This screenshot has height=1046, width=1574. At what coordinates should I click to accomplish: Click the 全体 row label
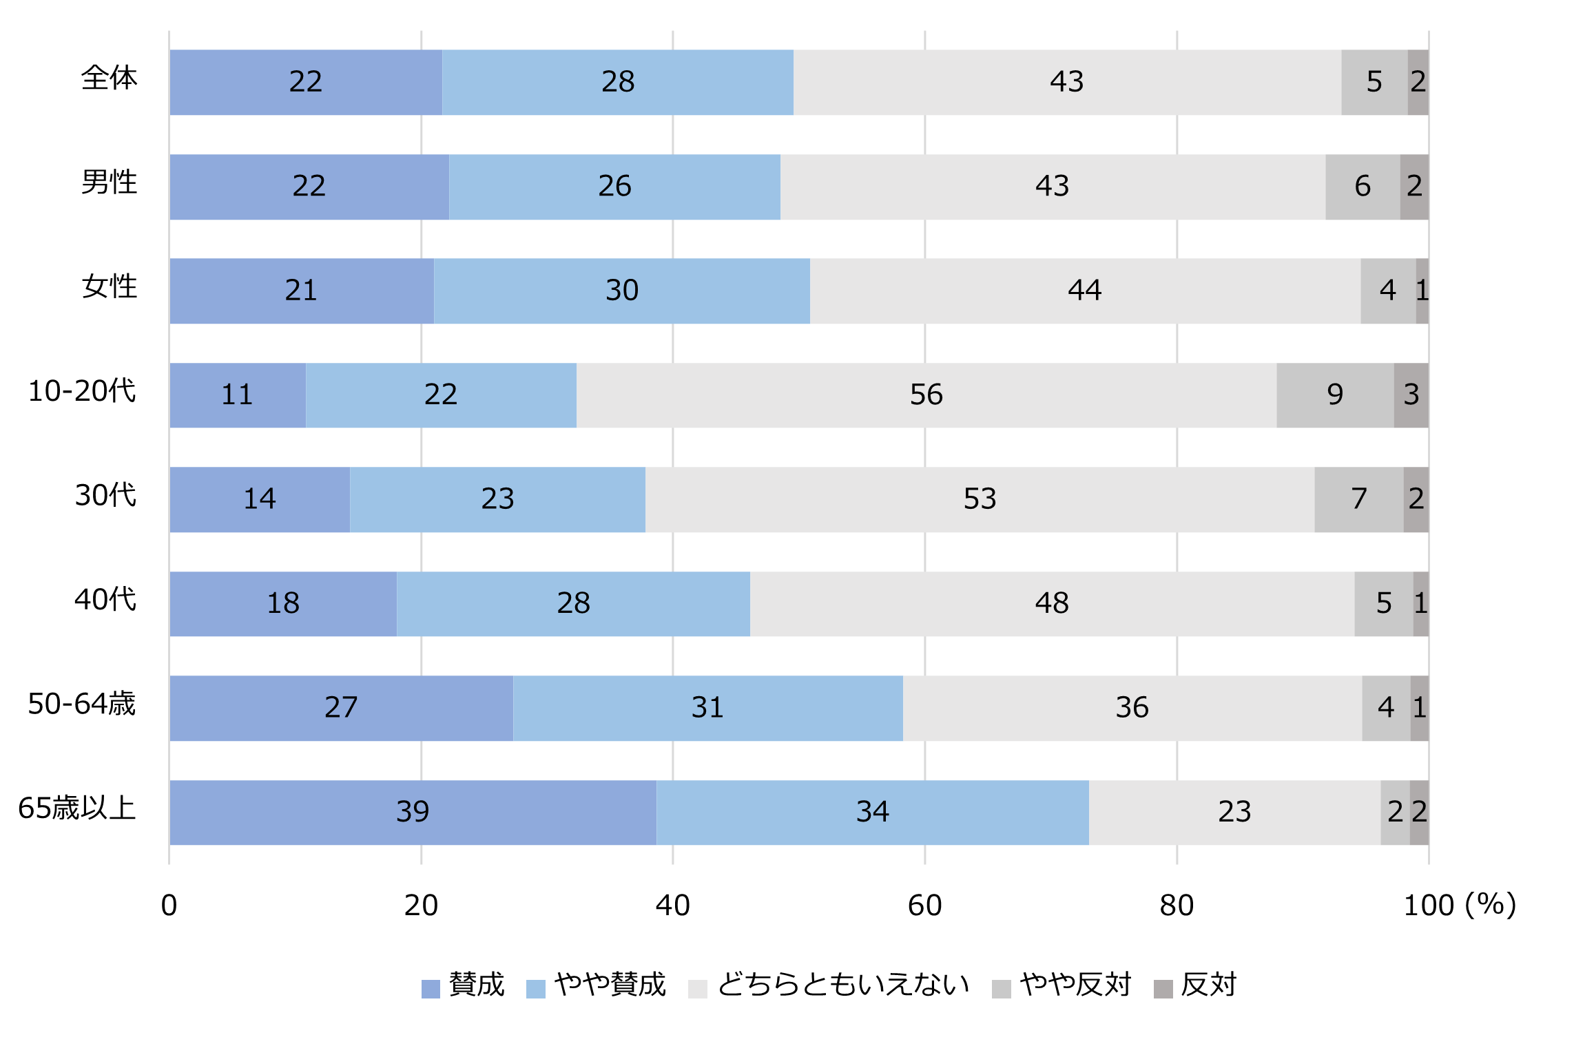tap(109, 78)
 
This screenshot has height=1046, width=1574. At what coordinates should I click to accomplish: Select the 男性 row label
tap(109, 182)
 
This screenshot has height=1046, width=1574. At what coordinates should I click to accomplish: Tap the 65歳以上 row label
tap(77, 808)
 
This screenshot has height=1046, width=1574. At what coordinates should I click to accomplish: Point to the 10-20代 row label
tap(82, 391)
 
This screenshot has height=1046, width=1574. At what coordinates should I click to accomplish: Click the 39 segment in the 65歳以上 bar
tap(413, 812)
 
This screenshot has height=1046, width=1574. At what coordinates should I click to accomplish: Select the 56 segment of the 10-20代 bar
tap(926, 395)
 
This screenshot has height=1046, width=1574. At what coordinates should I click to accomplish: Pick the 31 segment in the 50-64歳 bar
tap(707, 708)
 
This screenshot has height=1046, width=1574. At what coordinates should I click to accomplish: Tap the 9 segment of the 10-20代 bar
tap(1335, 395)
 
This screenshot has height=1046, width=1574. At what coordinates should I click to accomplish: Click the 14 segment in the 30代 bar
tap(260, 499)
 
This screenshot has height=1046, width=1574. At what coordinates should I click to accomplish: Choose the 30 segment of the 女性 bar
tap(622, 291)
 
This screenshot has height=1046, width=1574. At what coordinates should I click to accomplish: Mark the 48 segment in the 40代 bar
tap(1052, 604)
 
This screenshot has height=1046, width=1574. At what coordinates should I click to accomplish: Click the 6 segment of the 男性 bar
tap(1363, 187)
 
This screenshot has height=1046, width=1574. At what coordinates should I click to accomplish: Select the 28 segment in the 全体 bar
tap(618, 82)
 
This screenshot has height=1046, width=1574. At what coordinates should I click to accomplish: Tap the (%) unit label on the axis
tap(1491, 905)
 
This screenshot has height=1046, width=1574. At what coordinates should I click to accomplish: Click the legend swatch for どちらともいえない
tap(697, 989)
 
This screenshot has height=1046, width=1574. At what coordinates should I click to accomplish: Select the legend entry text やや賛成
tap(610, 985)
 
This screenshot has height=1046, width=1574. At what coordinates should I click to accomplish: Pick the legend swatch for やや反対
tap(1001, 989)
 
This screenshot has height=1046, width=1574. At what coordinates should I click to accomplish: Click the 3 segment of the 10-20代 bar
tap(1411, 395)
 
